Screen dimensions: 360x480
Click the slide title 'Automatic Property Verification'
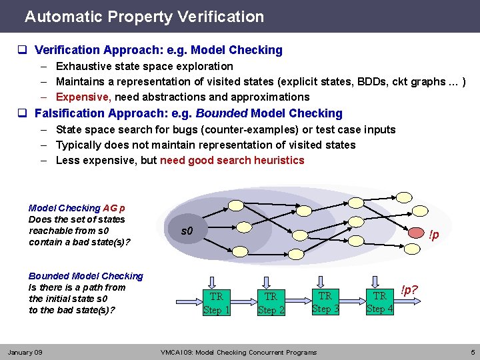coord(144,17)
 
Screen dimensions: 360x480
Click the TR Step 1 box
coord(216,303)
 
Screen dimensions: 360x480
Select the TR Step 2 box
coord(271,303)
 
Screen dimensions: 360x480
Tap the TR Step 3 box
coord(325,302)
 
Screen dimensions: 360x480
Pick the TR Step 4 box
coord(379,302)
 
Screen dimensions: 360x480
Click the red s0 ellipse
coord(187,231)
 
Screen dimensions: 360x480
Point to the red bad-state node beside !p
coord(414,235)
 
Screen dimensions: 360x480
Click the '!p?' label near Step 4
coord(409,291)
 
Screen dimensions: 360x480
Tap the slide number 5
coord(471,352)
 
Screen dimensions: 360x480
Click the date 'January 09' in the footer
coord(25,352)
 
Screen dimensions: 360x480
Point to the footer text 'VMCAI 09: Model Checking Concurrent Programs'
coord(239,352)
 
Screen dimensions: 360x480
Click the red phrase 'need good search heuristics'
coord(232,160)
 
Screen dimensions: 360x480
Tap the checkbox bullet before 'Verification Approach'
coord(22,50)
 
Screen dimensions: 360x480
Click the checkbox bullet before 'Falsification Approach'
coord(22,113)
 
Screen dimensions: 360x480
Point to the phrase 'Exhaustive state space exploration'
coord(144,66)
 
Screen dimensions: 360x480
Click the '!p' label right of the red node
coord(433,235)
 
